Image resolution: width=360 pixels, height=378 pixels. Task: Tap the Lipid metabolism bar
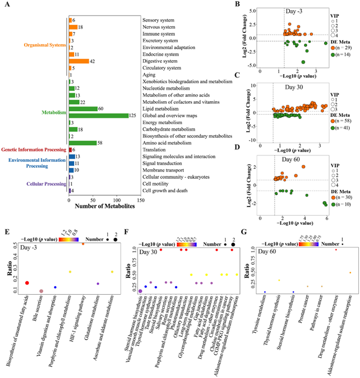pyautogui.click(x=83, y=109)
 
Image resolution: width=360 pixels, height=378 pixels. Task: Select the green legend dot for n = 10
pyautogui.click(x=334, y=206)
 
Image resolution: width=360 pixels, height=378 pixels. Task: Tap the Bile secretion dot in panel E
pyautogui.click(x=41, y=291)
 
